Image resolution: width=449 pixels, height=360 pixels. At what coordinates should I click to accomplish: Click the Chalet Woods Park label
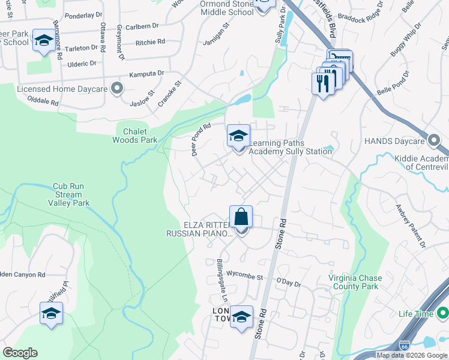point(135,136)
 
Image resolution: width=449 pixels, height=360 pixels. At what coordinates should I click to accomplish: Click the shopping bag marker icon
point(241,217)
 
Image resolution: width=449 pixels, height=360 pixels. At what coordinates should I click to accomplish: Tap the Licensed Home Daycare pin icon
point(117,89)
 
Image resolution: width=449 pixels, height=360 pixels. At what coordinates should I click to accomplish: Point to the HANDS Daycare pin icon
point(434,140)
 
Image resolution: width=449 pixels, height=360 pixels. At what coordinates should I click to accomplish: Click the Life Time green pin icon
point(442,314)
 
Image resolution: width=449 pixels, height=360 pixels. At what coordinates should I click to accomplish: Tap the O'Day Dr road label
point(288,281)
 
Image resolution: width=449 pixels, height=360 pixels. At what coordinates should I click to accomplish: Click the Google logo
point(20,353)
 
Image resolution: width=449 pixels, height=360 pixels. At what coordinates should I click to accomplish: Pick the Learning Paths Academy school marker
point(238,136)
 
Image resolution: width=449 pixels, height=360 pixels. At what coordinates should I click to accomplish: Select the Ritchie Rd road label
point(150,42)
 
